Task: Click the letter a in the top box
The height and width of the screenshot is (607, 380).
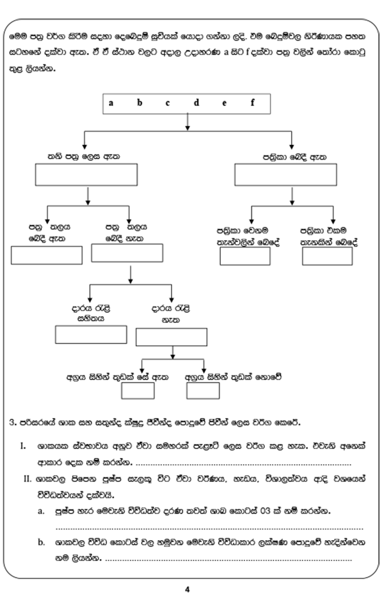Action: tap(111, 103)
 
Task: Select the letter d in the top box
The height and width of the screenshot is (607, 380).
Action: tap(197, 103)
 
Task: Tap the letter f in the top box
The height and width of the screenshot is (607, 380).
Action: tap(253, 103)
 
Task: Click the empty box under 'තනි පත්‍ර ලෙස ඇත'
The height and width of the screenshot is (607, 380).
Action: tap(86, 175)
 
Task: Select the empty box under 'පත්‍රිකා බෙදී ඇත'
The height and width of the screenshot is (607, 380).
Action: tap(286, 175)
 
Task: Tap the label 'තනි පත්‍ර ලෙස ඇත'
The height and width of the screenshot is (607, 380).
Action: tap(84, 157)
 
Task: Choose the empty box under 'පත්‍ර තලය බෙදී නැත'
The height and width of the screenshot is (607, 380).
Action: tap(127, 253)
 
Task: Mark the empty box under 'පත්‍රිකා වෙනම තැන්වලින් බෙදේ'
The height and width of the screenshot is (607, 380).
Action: tap(245, 256)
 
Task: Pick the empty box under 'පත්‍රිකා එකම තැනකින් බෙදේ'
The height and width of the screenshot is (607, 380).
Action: tap(327, 256)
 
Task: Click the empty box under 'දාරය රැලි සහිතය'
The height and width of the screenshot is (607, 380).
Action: tap(91, 335)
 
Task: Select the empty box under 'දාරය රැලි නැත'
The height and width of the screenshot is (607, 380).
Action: tap(172, 337)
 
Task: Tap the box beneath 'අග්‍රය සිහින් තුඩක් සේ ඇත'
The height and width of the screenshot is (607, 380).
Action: tap(138, 390)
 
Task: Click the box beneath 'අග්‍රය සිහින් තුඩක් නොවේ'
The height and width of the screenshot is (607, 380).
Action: tap(203, 390)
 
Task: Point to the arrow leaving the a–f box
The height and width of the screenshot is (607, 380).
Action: tap(188, 122)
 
